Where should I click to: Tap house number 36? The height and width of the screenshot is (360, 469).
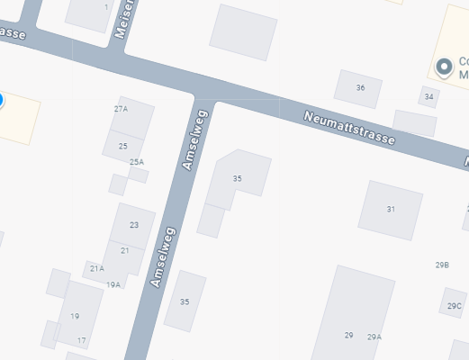pos(360,87)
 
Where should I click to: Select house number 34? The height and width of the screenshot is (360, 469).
pos(429,96)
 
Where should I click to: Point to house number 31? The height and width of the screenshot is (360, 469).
pos(391,209)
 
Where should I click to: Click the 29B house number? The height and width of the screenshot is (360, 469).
pos(442,265)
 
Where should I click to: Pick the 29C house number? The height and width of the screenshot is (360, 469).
pos(454,306)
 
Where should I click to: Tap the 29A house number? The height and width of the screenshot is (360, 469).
pos(374,337)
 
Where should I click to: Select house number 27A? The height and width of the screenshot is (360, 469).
pos(121,108)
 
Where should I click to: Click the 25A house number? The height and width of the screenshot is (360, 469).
pos(137,162)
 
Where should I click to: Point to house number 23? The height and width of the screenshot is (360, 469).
pos(134,224)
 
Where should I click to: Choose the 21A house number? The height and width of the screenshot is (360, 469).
pos(96,268)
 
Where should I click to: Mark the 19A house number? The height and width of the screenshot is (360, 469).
pos(113,284)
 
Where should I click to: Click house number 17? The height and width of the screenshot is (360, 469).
pos(81,340)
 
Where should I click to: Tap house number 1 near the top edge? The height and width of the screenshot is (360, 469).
pos(106,7)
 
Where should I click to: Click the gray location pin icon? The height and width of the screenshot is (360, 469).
pos(443,67)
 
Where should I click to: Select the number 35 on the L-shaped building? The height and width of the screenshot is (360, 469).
pos(237,178)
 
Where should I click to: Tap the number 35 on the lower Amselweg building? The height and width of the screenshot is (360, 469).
pos(185,301)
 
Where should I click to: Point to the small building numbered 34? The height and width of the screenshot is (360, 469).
pos(428,97)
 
